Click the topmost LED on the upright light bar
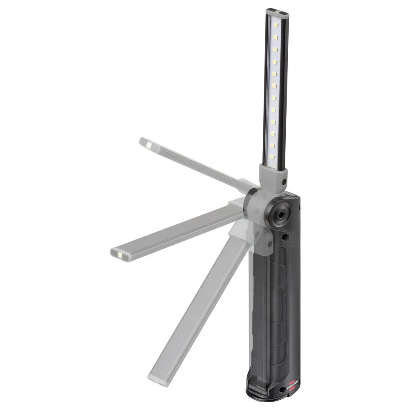pyautogui.click(x=276, y=25)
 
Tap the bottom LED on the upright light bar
pyautogui.click(x=271, y=157)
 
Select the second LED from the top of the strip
pyautogui.click(x=275, y=37)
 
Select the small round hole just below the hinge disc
pyautogui.click(x=283, y=237)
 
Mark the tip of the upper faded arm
pyautogui.click(x=146, y=143)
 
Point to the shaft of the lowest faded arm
pyautogui.click(x=197, y=312)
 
